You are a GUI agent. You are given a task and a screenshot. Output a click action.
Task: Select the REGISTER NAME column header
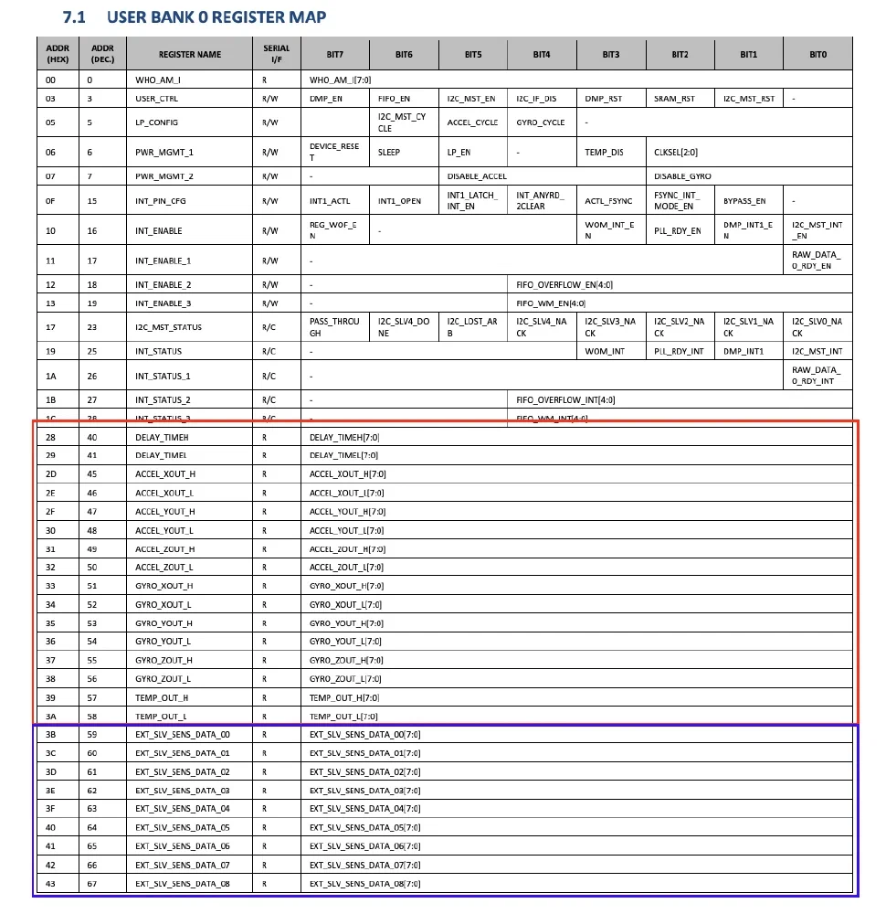[x=190, y=55]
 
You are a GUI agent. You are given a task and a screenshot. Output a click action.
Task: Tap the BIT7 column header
[x=334, y=55]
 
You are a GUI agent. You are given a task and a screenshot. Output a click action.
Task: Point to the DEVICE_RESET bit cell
[x=334, y=152]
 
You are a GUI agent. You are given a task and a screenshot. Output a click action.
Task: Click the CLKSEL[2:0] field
[x=676, y=153]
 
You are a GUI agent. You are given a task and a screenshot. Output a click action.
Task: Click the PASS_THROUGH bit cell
[x=334, y=327]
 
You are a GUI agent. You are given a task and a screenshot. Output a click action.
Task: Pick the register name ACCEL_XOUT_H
[x=165, y=474]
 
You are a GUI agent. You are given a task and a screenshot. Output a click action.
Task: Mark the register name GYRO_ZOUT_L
[x=163, y=679]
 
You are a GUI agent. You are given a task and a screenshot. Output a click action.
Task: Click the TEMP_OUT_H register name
[x=162, y=697]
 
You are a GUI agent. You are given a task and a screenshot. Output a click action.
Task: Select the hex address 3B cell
[x=50, y=735]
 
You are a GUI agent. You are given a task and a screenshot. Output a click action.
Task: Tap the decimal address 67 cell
[x=92, y=884]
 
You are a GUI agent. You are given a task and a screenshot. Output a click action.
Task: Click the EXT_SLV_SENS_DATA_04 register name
[x=183, y=809]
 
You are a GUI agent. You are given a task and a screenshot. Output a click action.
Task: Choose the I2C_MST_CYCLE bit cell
[x=402, y=122]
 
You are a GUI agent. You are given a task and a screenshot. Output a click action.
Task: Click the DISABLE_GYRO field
[x=682, y=175]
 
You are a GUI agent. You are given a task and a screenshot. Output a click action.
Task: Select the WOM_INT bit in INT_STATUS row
[x=605, y=352]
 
